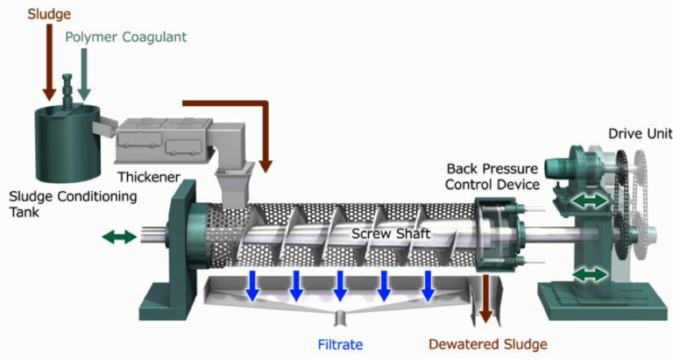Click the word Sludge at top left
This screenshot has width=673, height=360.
click(x=48, y=14)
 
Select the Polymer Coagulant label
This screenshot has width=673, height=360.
click(x=126, y=37)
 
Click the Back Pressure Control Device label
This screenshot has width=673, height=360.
click(x=492, y=175)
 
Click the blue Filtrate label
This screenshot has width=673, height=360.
click(x=341, y=344)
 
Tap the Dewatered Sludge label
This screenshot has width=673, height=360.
click(x=487, y=344)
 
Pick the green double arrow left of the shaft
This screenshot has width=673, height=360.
click(x=119, y=236)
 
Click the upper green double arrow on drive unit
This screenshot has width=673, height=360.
click(x=587, y=201)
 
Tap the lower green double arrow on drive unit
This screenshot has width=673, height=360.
click(x=590, y=274)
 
